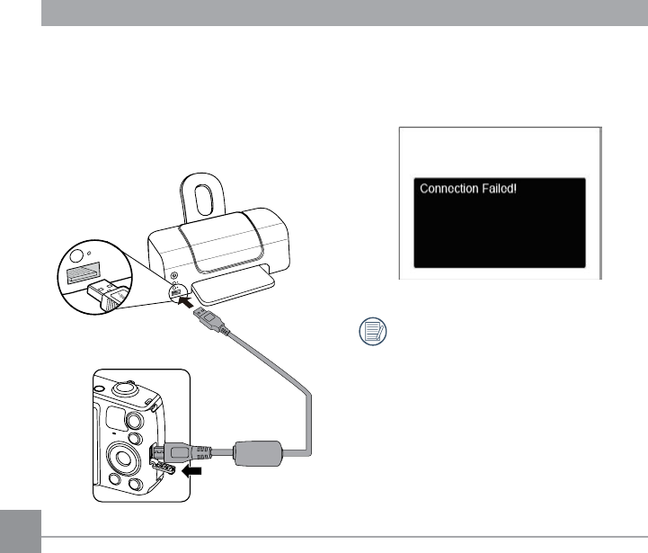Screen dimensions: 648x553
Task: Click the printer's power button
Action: coord(173,275)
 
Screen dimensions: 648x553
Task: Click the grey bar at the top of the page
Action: coord(342,13)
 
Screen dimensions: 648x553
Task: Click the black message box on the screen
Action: coord(499,222)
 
